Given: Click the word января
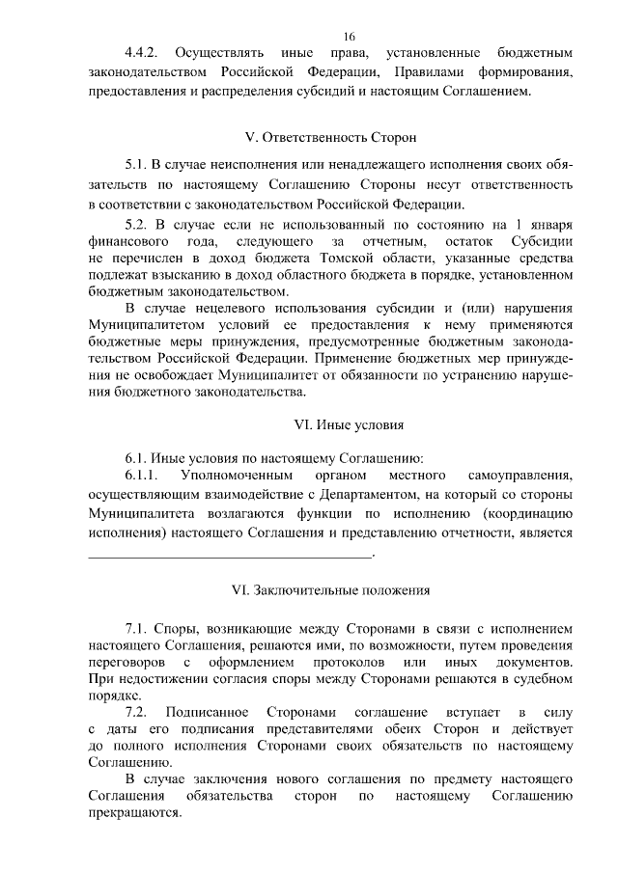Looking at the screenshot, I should tap(548, 225).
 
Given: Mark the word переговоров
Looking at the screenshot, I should tap(126, 664).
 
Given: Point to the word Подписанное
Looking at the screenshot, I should tap(230, 712).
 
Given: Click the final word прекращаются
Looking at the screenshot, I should tap(134, 811).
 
